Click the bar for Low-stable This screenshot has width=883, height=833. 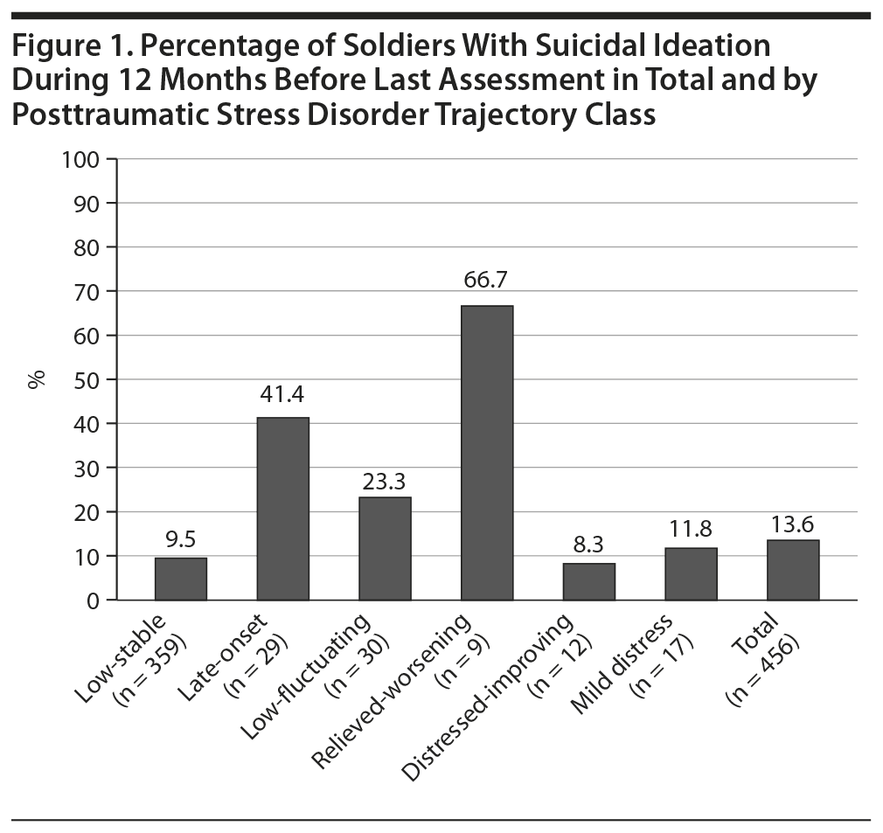181,579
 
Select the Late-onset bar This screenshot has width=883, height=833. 282,509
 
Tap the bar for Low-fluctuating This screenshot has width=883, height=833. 385,548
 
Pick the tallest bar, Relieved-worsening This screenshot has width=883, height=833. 487,453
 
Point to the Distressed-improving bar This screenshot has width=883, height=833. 589,581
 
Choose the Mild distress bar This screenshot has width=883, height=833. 691,573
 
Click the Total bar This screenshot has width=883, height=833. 793,570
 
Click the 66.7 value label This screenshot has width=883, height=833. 487,281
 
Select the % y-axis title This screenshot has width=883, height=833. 37,379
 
